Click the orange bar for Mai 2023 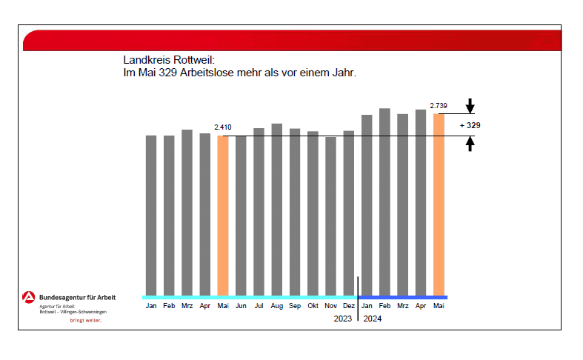(x=223, y=215)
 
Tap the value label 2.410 (x=223, y=127)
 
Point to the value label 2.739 (x=438, y=106)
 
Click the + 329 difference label (x=470, y=125)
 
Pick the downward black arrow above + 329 (x=470, y=106)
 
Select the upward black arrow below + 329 (x=470, y=144)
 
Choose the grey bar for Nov (x=330, y=216)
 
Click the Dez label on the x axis (x=349, y=305)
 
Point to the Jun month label (x=241, y=305)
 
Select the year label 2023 (x=343, y=319)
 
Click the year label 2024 (x=373, y=319)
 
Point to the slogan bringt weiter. (x=85, y=321)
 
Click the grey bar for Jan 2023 (x=151, y=215)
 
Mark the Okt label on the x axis (x=313, y=305)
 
